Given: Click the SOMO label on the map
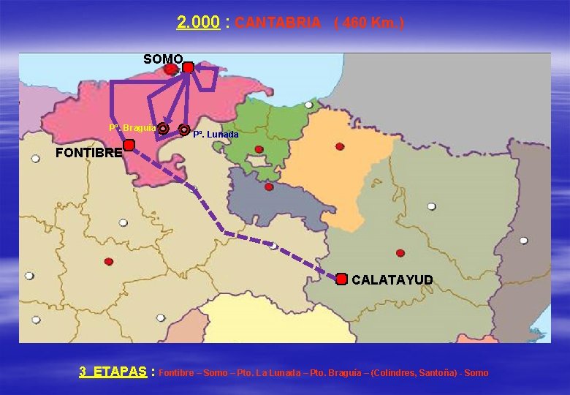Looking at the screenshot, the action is pyautogui.click(x=163, y=59).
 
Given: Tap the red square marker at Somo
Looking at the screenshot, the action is pyautogui.click(x=188, y=67).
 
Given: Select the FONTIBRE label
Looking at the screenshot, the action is pyautogui.click(x=88, y=154).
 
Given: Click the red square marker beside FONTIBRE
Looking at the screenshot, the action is pyautogui.click(x=129, y=146).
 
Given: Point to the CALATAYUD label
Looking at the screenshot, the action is pyautogui.click(x=392, y=280).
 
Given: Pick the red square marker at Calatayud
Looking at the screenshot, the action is pyautogui.click(x=341, y=279).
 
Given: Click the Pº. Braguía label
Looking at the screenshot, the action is pyautogui.click(x=132, y=128).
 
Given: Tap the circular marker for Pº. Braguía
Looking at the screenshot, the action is pyautogui.click(x=163, y=129).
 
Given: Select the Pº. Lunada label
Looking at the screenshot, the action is pyautogui.click(x=216, y=135).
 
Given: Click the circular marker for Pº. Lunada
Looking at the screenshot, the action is pyautogui.click(x=184, y=129).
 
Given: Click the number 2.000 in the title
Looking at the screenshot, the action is pyautogui.click(x=198, y=23).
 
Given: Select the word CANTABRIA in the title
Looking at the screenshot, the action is pyautogui.click(x=278, y=23).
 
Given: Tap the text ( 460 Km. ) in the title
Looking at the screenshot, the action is pyautogui.click(x=368, y=23).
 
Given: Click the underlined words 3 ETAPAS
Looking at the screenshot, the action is pyautogui.click(x=113, y=372).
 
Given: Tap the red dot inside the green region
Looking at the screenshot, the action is pyautogui.click(x=259, y=149).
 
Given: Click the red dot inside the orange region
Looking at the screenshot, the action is pyautogui.click(x=340, y=146).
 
